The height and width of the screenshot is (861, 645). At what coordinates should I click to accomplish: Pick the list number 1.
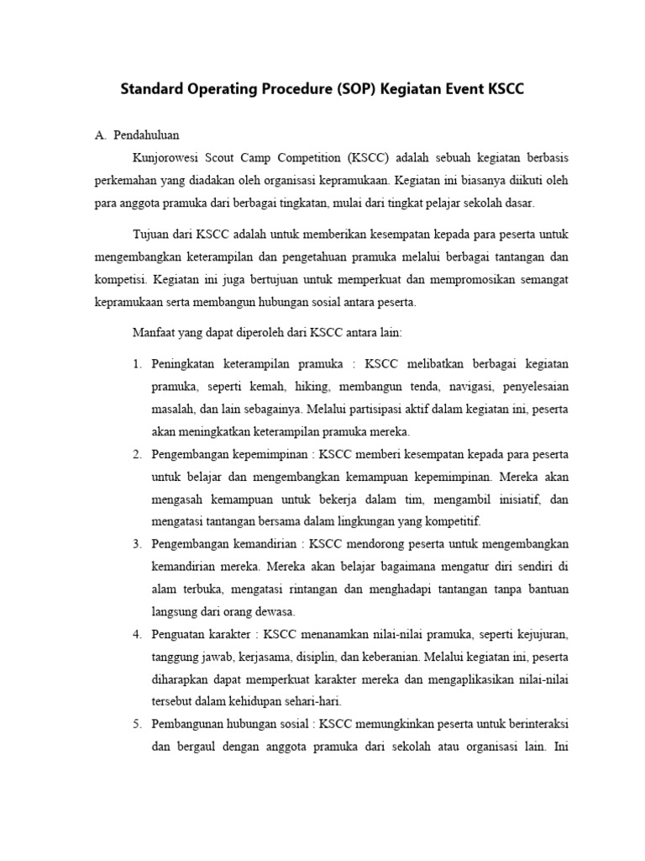click(x=137, y=364)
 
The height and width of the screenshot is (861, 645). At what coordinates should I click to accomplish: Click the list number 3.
click(x=137, y=543)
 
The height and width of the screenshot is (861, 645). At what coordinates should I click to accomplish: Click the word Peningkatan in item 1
click(x=186, y=364)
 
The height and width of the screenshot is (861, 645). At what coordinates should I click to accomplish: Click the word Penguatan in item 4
click(x=180, y=633)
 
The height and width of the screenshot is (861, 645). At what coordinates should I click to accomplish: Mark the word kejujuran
click(x=543, y=633)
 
